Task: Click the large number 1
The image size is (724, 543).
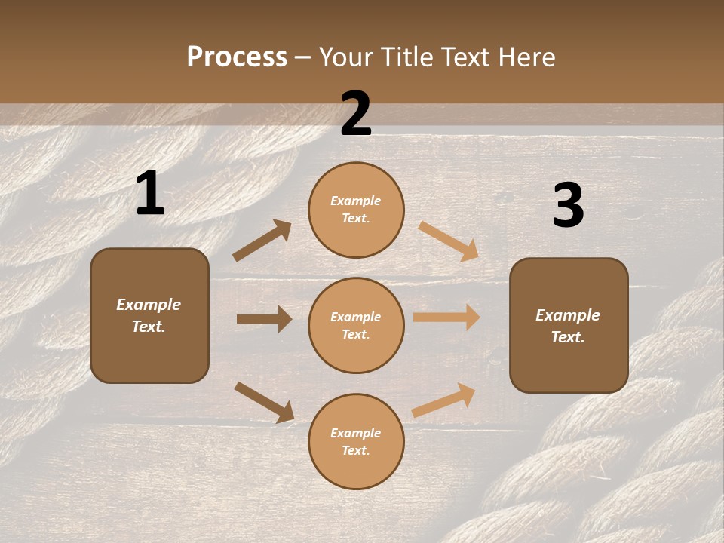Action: [150, 193]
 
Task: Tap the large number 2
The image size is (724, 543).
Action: [356, 114]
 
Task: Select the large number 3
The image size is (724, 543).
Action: [568, 205]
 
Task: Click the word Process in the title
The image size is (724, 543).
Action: [237, 57]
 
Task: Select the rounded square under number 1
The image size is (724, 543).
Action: [149, 315]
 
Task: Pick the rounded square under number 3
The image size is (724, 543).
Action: [569, 325]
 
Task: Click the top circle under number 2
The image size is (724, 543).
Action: [356, 210]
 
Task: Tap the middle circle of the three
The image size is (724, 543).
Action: [356, 325]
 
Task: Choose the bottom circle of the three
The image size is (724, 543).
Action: [356, 441]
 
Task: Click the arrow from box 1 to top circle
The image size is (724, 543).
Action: [262, 241]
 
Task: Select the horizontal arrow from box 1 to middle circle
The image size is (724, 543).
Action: [264, 319]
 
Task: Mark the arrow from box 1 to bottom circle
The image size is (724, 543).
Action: [264, 402]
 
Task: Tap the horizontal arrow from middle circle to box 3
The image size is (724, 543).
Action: [446, 318]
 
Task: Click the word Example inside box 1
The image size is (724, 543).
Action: [149, 305]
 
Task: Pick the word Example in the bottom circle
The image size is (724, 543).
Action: [355, 433]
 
